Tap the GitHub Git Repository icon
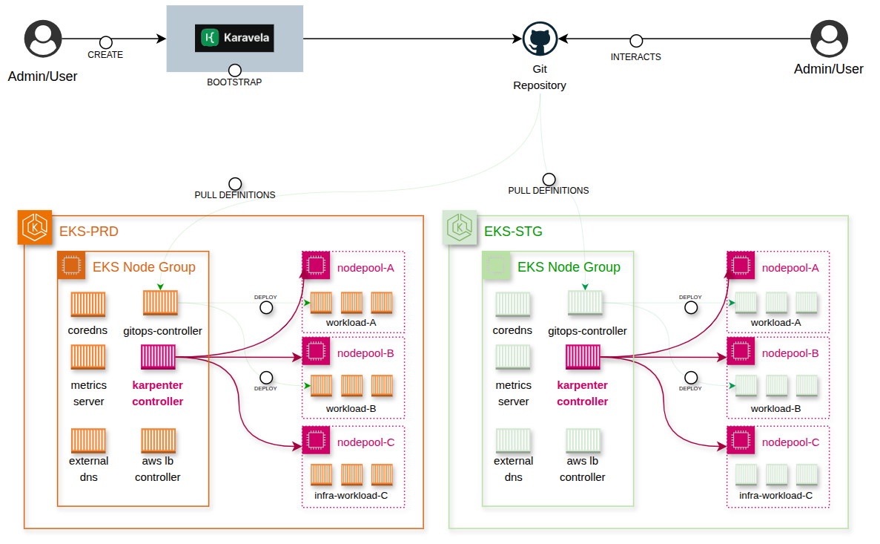[x=540, y=38]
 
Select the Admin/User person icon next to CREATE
[x=42, y=39]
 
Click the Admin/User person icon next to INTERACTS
[x=828, y=39]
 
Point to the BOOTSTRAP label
[x=234, y=82]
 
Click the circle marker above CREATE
[x=105, y=42]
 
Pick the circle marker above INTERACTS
[x=635, y=42]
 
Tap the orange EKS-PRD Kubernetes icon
[x=34, y=227]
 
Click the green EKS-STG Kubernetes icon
[x=460, y=227]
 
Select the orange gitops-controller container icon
[x=160, y=303]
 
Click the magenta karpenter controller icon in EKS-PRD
[x=158, y=357]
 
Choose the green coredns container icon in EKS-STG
[x=513, y=303]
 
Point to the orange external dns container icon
[x=88, y=440]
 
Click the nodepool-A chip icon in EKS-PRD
[x=316, y=265]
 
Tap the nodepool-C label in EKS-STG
[x=790, y=442]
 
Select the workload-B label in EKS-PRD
[x=351, y=409]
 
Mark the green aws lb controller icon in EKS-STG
[x=583, y=440]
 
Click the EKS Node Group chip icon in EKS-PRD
[x=71, y=265]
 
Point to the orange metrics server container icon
[x=88, y=357]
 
